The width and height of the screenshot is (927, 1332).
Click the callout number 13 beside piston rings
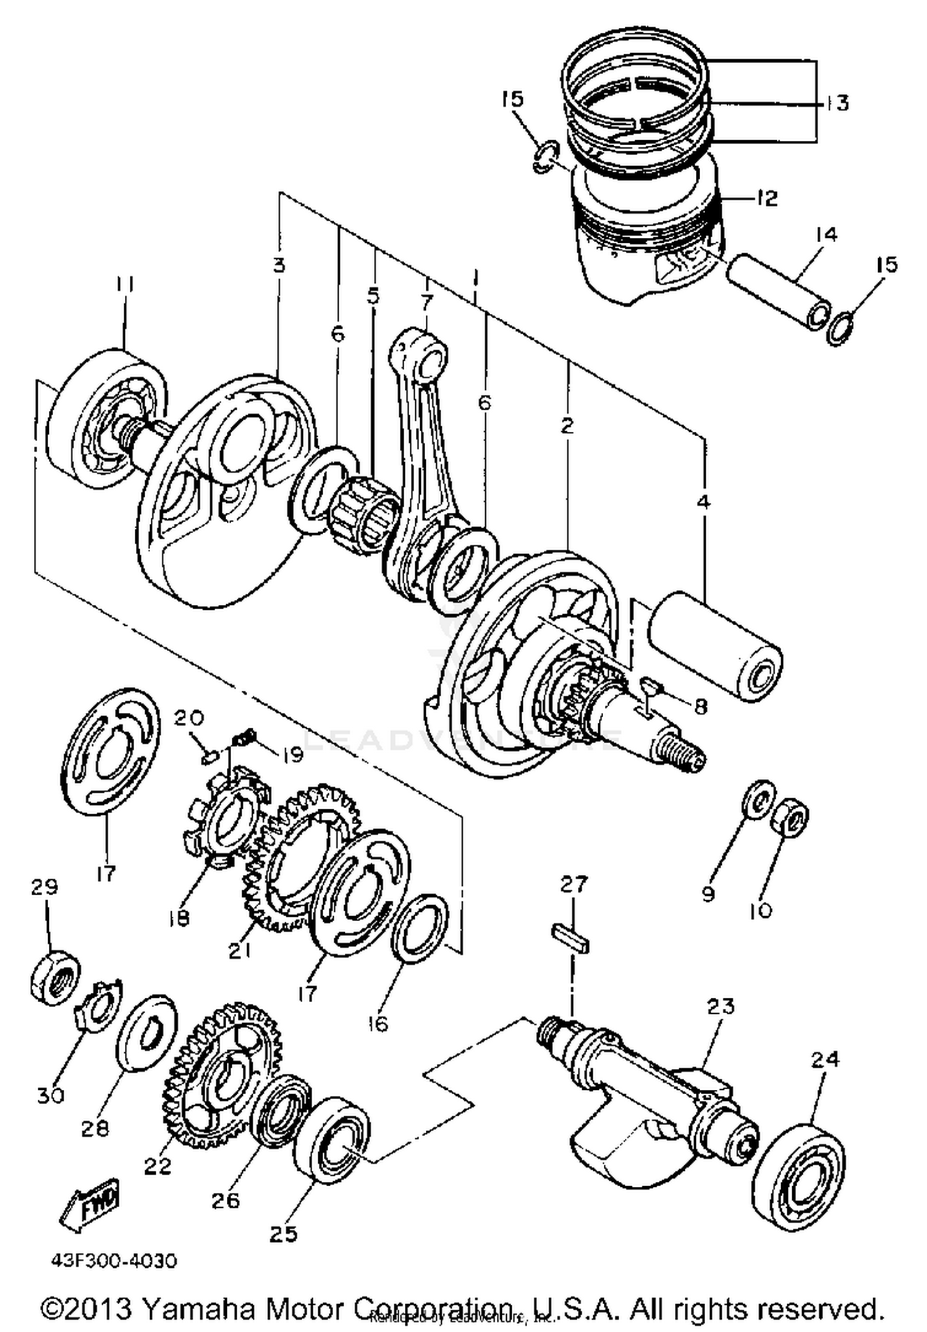click(837, 102)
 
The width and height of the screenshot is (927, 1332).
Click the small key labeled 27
click(570, 938)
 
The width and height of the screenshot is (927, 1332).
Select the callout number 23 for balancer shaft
click(720, 1006)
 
